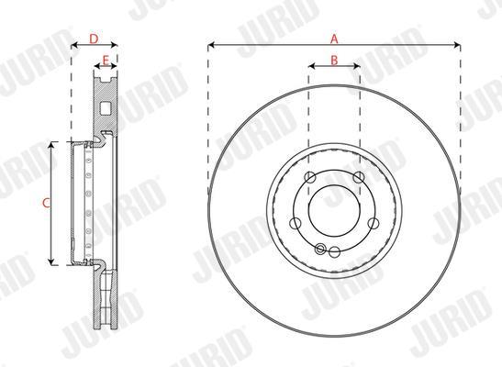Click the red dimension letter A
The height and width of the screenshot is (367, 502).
(334, 39)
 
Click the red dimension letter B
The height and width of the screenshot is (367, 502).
(334, 60)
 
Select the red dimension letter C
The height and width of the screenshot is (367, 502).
(47, 203)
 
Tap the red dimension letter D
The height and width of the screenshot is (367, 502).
(94, 39)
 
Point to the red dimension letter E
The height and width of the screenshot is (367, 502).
(106, 60)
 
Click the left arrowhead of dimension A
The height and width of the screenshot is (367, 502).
(211, 45)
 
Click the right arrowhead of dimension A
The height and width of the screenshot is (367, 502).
(457, 45)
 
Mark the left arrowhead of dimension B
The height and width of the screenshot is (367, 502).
(312, 66)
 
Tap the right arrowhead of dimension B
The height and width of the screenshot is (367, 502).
(357, 66)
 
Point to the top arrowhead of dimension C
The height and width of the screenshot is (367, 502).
(50, 145)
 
